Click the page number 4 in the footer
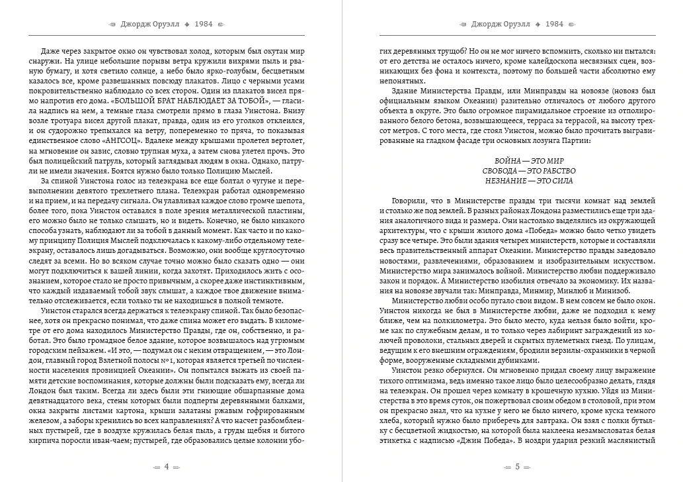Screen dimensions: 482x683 [167, 466]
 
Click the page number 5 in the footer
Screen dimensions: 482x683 [516, 466]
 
